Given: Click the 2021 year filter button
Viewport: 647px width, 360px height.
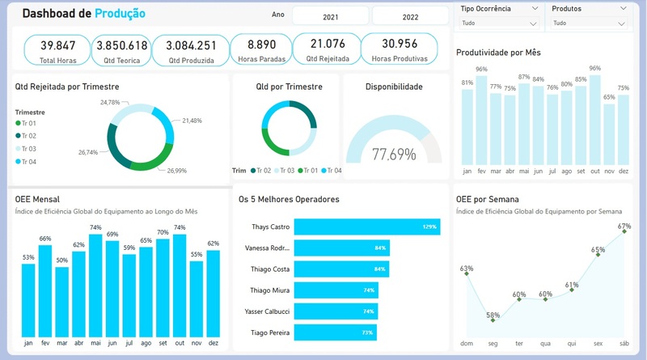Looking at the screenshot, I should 331,16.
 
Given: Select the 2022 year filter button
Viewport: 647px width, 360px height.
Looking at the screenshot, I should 410,16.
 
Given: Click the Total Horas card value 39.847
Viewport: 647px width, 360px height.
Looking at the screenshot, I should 57,45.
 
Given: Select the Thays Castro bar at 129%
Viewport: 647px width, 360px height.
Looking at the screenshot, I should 366,227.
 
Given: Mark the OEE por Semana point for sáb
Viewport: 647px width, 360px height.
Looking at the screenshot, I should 624,236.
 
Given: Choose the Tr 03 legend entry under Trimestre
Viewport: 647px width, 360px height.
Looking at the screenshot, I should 26,149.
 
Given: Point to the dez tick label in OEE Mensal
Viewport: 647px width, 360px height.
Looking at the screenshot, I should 214,343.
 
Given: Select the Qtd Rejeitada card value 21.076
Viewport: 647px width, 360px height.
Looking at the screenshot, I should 327,44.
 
